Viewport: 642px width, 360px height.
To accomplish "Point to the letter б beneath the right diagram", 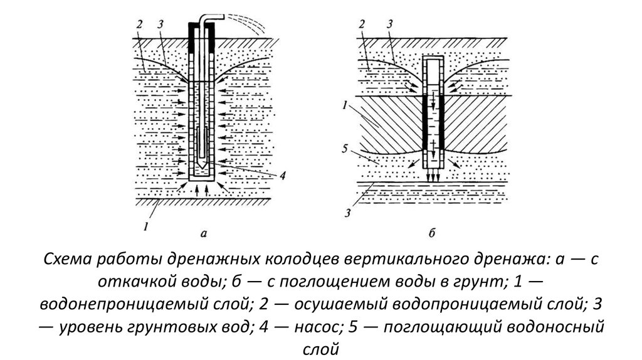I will pyautogui.click(x=432, y=234).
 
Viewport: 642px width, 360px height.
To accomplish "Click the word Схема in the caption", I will pyautogui.click(x=70, y=260).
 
